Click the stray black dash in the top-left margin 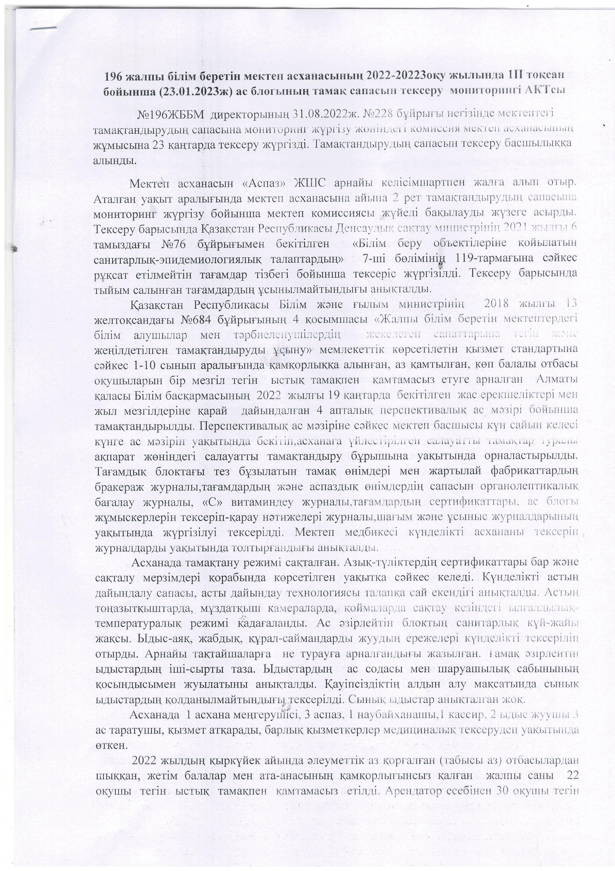tap(43, 28)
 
